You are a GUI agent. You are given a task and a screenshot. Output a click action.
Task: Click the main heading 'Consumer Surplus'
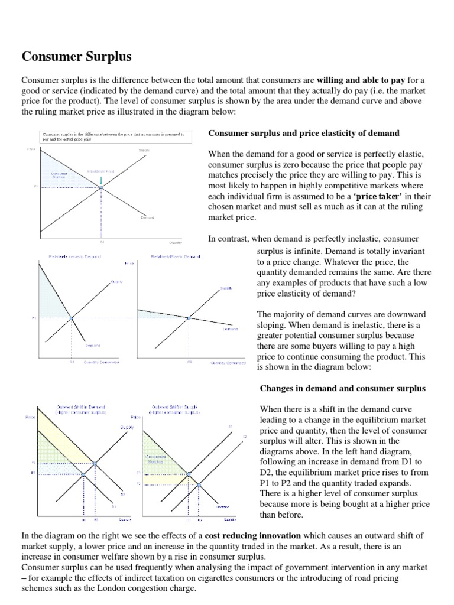pyautogui.click(x=77, y=57)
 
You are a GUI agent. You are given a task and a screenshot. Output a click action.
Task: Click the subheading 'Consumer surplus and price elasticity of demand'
pyautogui.click(x=304, y=133)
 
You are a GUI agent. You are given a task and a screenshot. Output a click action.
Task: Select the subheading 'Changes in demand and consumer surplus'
pyautogui.click(x=342, y=388)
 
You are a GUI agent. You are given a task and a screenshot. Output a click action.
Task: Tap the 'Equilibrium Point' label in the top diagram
pyautogui.click(x=100, y=171)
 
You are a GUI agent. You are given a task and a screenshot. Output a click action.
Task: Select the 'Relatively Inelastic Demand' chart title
pyautogui.click(x=74, y=256)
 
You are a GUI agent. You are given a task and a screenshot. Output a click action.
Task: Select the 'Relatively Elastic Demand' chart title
pyautogui.click(x=176, y=256)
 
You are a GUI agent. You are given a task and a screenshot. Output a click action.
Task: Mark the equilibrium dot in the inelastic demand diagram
pyautogui.click(x=71, y=318)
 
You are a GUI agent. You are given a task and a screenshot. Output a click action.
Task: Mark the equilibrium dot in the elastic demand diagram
pyautogui.click(x=189, y=318)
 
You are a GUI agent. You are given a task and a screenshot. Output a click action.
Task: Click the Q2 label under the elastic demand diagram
pyautogui.click(x=190, y=362)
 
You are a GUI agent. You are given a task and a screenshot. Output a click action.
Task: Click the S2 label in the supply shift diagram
pyautogui.click(x=244, y=436)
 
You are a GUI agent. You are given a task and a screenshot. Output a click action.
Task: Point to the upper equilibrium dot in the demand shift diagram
pyautogui.click(x=95, y=463)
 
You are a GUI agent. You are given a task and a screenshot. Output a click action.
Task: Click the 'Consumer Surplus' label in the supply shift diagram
pyautogui.click(x=152, y=458)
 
